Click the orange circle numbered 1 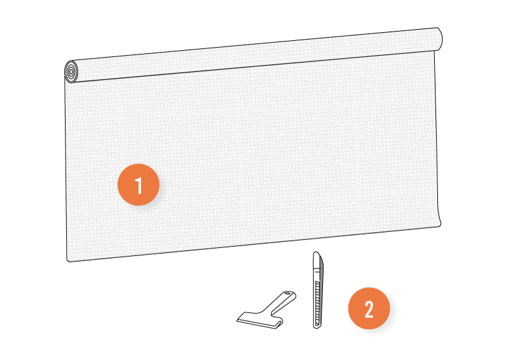point(139,184)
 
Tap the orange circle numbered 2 point(369,309)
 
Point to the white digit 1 point(139,185)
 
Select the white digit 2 point(369,309)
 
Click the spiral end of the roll point(71,71)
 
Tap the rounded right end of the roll point(439,39)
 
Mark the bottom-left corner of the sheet point(68,260)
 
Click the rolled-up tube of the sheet point(254,55)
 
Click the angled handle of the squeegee point(281,302)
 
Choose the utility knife point(318,290)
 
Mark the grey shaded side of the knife point(322,290)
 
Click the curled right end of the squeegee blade point(278,323)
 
